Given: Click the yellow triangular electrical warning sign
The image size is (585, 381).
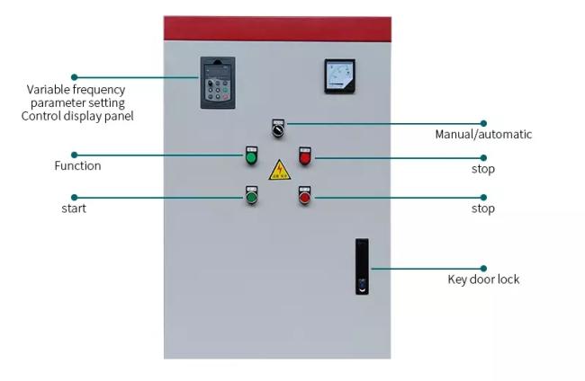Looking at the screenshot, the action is click(x=279, y=171).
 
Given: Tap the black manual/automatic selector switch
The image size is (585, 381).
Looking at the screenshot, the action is click(x=278, y=128).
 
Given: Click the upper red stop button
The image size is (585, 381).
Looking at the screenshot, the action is click(x=305, y=156).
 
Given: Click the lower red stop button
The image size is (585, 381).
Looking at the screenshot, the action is click(x=305, y=196).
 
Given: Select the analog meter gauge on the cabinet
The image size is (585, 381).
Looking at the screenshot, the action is click(x=339, y=76).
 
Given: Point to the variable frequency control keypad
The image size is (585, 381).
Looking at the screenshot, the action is click(x=218, y=83).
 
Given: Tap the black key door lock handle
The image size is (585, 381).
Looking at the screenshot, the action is click(x=362, y=267).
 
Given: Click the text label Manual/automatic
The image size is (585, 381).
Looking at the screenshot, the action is click(x=483, y=135).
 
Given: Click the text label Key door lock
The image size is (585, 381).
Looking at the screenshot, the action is click(x=483, y=279).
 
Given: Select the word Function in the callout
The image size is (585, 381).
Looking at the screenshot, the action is click(x=77, y=165).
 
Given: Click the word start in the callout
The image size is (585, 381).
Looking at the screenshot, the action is click(x=74, y=208).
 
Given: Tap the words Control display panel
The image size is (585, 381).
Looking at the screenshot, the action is click(x=77, y=116).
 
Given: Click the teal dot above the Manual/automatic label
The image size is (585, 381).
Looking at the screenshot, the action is click(x=483, y=123).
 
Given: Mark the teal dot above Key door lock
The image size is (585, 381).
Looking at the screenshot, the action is click(x=483, y=268).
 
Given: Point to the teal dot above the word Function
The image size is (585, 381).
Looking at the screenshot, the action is click(x=74, y=155).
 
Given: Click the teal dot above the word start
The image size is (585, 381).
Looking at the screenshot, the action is click(x=74, y=197).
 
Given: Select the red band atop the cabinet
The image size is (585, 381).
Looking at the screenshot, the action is click(x=277, y=29).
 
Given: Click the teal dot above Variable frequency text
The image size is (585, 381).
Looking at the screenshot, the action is click(x=74, y=77).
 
